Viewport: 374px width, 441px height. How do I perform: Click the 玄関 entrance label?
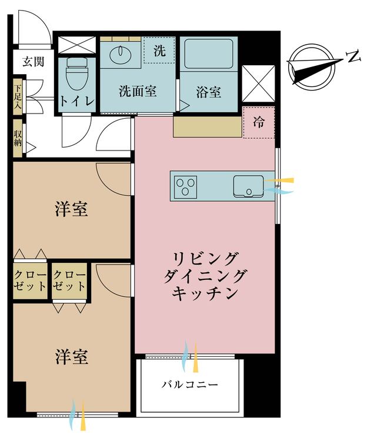[33, 62]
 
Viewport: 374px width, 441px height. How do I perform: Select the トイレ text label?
[76, 101]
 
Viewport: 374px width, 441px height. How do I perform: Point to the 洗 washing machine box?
[159, 51]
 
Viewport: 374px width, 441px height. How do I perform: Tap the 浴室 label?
[209, 92]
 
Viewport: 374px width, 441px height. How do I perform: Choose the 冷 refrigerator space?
[259, 122]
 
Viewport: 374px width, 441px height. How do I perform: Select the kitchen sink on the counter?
[249, 186]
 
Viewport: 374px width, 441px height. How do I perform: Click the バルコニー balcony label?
[190, 386]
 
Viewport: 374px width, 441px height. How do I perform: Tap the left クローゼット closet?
[29, 280]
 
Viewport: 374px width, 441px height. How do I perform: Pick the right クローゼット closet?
[69, 280]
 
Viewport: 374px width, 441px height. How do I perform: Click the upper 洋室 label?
[72, 210]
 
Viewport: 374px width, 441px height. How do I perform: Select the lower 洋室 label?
[72, 357]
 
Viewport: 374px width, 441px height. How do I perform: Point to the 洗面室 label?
[138, 92]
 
